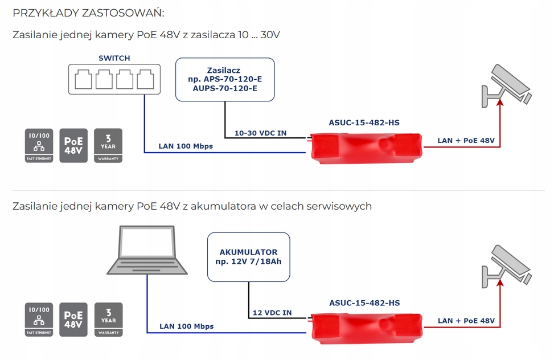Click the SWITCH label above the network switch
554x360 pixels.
pos(114,58)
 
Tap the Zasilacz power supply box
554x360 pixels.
pos(225,79)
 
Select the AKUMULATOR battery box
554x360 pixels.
pos(248,256)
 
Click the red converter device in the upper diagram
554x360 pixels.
pos(366,147)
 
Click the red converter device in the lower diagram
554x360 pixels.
pos(366,326)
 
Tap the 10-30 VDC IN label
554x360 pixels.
pos(261,133)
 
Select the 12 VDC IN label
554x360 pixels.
pos(272,313)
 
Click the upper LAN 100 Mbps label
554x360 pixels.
pos(186,146)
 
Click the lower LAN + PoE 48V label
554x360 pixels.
pos(466,321)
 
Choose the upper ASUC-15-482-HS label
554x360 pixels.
pos(364,122)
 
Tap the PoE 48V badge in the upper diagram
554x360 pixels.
pos(73,145)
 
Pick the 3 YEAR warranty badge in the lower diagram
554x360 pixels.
pos(108,320)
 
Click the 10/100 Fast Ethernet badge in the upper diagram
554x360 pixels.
pos(39,145)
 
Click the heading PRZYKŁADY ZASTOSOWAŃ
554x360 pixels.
pos(92,13)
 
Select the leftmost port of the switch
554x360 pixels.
pos(83,80)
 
